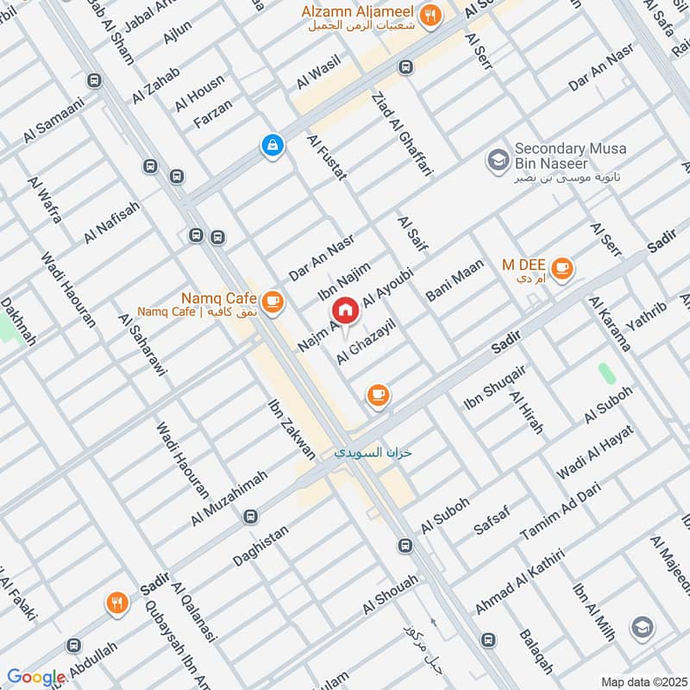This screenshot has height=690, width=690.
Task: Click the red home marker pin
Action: click(x=345, y=310)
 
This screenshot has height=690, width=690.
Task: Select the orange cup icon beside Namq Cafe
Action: click(x=273, y=300)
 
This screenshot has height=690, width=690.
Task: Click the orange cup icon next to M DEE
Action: click(x=562, y=269)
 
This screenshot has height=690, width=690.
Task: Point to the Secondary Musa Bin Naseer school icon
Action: click(x=497, y=160)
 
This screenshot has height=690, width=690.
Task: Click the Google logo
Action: click(x=36, y=678)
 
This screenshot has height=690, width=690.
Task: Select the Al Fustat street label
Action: click(x=327, y=156)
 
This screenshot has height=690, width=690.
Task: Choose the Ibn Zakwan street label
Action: click(x=281, y=429)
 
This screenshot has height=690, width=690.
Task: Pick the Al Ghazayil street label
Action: click(x=366, y=343)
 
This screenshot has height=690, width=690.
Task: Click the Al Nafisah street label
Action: click(x=111, y=222)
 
